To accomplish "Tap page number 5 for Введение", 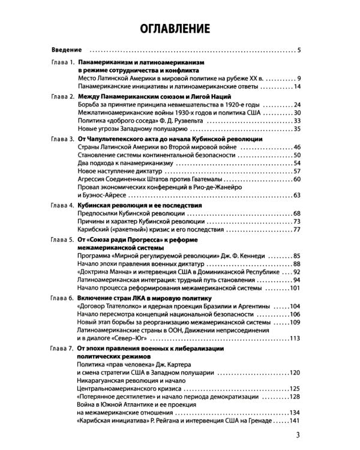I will click(x=299, y=49).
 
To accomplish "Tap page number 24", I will click(x=296, y=104).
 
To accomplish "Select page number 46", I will click(x=296, y=147).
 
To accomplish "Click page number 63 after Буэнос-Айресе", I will click(x=296, y=196).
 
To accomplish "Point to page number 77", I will click(x=296, y=229).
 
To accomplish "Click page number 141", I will click(x=295, y=422).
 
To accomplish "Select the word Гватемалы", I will click(x=217, y=179).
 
